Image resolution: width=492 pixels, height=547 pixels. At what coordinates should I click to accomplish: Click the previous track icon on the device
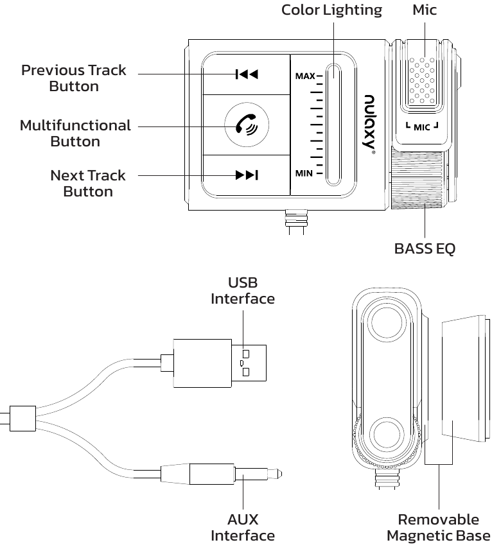(247, 74)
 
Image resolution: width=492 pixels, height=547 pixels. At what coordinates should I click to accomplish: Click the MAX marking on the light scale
(305, 76)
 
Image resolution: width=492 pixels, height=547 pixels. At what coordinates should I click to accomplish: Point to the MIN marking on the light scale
(304, 173)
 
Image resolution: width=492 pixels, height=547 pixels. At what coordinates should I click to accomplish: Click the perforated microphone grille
(421, 80)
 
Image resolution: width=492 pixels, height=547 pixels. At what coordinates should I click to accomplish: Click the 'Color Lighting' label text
(331, 10)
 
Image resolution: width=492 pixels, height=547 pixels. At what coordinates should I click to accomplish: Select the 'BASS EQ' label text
(424, 248)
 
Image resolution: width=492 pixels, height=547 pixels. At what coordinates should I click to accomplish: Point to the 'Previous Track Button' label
(74, 78)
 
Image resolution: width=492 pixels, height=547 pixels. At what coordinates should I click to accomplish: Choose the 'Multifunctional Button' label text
(75, 133)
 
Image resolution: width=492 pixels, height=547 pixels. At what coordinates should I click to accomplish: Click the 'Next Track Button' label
(88, 183)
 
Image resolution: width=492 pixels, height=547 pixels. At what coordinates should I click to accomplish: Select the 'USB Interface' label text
(243, 291)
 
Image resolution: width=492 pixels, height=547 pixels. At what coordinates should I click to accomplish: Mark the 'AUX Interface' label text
(243, 527)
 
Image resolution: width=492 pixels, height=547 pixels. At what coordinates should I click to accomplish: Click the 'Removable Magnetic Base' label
(438, 527)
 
